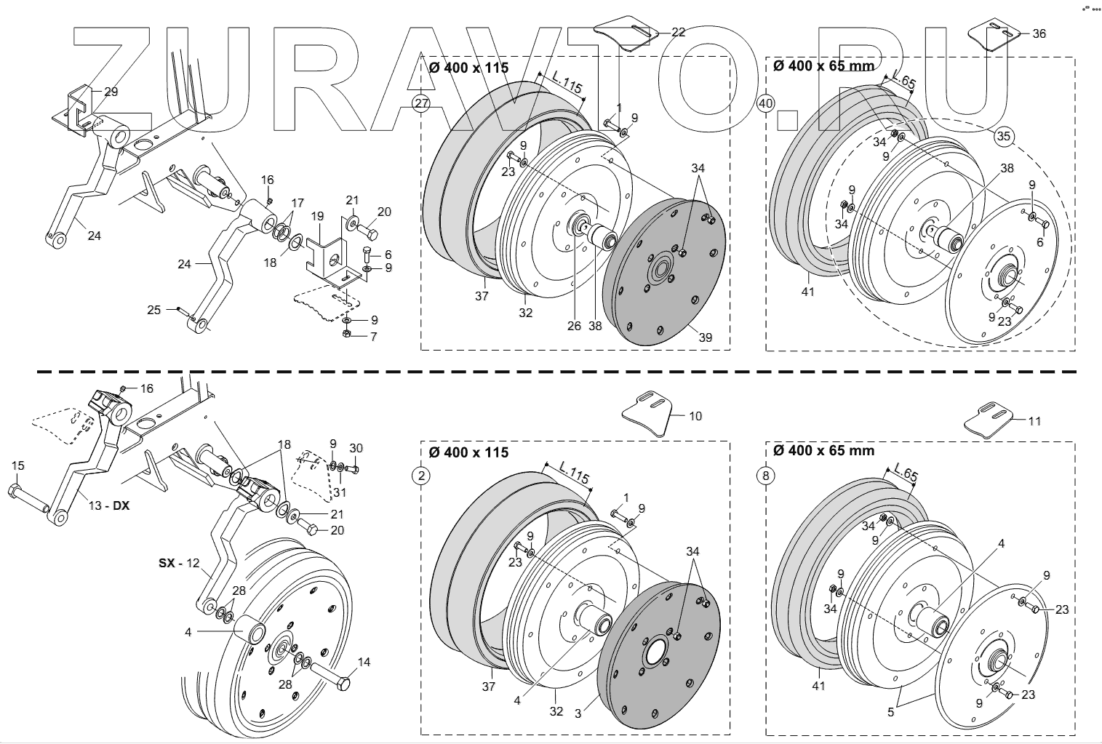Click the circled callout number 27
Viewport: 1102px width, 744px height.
tap(421, 103)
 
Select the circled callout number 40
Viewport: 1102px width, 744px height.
tap(765, 103)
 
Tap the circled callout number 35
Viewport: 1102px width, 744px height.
tap(1004, 136)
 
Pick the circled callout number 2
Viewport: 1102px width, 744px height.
tap(421, 476)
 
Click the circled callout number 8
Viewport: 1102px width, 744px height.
tap(765, 476)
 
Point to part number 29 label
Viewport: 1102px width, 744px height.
tap(111, 92)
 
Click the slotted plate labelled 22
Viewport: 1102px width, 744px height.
tap(626, 33)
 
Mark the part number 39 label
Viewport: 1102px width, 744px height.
tap(705, 337)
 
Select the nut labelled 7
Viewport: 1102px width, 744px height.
tap(347, 334)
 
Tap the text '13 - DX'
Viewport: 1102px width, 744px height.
tap(109, 505)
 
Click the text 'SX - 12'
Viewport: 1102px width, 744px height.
tap(178, 563)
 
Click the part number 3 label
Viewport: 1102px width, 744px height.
tap(578, 713)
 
